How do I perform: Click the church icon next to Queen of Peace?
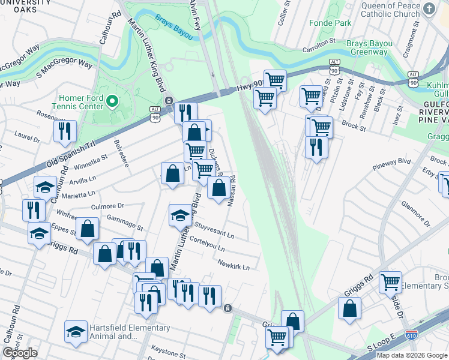pos(429,8)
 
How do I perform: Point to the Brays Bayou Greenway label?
pos(369,48)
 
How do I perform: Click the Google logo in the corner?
pos(20,353)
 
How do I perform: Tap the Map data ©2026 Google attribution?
pos(412,355)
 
